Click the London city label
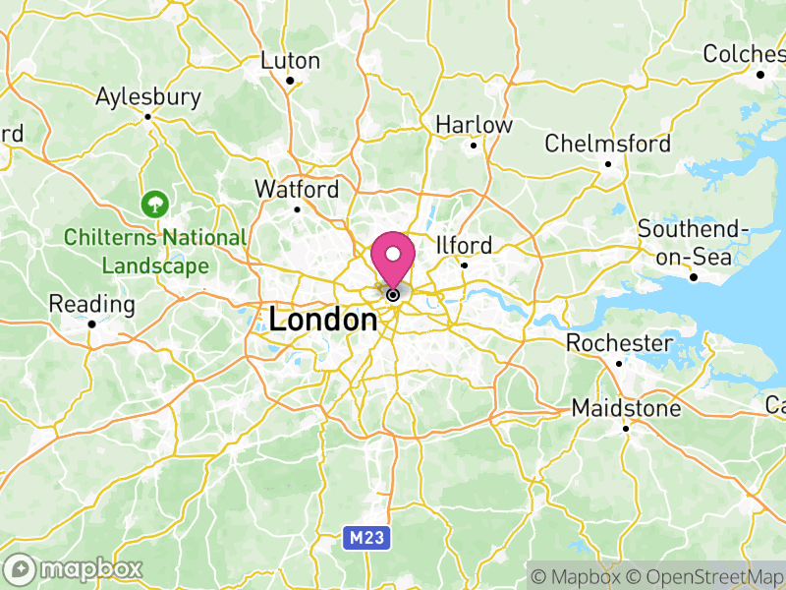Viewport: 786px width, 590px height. tap(322, 320)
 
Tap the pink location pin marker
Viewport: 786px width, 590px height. tap(393, 258)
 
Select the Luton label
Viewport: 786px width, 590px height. tap(290, 61)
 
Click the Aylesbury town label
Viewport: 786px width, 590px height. tap(148, 97)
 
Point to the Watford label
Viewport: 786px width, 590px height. tap(297, 189)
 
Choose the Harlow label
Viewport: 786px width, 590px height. tap(474, 126)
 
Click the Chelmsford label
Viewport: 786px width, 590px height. tap(608, 145)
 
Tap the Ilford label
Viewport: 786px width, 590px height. tap(465, 246)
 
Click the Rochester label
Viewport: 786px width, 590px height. tap(619, 344)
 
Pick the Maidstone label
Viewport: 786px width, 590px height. tap(627, 408)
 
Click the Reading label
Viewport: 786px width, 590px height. tap(91, 304)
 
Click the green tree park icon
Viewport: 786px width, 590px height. tap(154, 205)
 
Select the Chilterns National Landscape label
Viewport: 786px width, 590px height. tap(155, 252)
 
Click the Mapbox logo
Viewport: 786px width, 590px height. tap(74, 568)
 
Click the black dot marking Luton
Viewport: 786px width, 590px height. tap(290, 81)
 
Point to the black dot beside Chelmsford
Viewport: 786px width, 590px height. tap(608, 164)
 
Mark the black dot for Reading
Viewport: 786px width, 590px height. tap(91, 324)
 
